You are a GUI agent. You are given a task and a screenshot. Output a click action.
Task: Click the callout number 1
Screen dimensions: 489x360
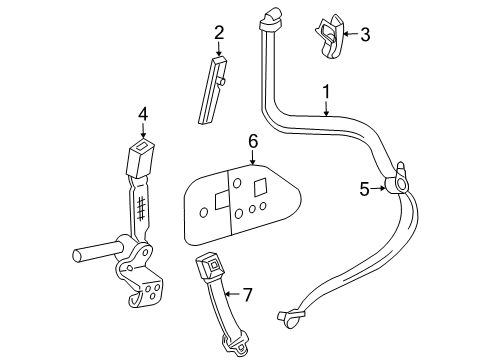(326, 92)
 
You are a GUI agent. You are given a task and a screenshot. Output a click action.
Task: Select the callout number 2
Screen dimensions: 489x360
(219, 33)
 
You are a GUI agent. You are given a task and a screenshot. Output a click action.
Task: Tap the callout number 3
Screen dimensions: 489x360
(365, 34)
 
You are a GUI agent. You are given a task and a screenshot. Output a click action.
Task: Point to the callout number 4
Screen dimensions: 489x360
(143, 115)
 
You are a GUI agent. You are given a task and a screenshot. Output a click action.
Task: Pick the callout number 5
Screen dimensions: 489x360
(364, 189)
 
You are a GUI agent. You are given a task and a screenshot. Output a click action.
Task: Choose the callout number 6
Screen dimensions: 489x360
(253, 142)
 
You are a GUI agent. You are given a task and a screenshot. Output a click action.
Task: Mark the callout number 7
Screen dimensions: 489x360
(247, 295)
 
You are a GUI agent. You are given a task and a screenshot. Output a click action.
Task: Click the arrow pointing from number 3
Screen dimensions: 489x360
(350, 34)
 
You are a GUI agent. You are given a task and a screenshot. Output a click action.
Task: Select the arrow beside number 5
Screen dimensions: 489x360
(378, 188)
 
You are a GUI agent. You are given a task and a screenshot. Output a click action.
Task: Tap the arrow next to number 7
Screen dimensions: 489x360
(232, 294)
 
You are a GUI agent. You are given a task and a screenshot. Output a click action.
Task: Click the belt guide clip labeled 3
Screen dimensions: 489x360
(330, 37)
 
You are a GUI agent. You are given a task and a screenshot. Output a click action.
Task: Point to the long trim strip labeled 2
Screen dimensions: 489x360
(212, 90)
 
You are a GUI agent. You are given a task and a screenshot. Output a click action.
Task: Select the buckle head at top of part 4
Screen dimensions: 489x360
(140, 157)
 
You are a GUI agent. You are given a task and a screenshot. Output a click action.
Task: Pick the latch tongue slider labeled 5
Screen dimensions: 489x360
(397, 179)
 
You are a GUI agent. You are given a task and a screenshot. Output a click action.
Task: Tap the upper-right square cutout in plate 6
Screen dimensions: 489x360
(260, 187)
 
